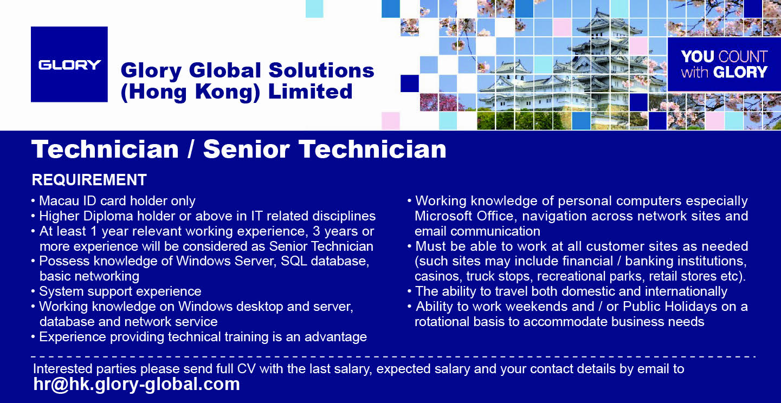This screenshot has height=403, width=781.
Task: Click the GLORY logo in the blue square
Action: pos(69,65)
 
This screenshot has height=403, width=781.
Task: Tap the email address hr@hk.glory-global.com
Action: pos(137,384)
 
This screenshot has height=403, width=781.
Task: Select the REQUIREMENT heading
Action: pos(89,180)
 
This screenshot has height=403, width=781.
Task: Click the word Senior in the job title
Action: pos(246,149)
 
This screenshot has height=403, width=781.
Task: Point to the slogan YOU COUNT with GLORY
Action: pos(724,64)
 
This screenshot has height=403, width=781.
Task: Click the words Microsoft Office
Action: pos(464,216)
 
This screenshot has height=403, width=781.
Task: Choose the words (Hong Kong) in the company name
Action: pos(190,92)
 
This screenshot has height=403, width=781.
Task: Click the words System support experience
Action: pos(120,291)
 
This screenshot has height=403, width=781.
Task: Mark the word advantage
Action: pos(336,337)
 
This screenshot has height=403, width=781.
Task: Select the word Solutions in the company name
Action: pos(321,71)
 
